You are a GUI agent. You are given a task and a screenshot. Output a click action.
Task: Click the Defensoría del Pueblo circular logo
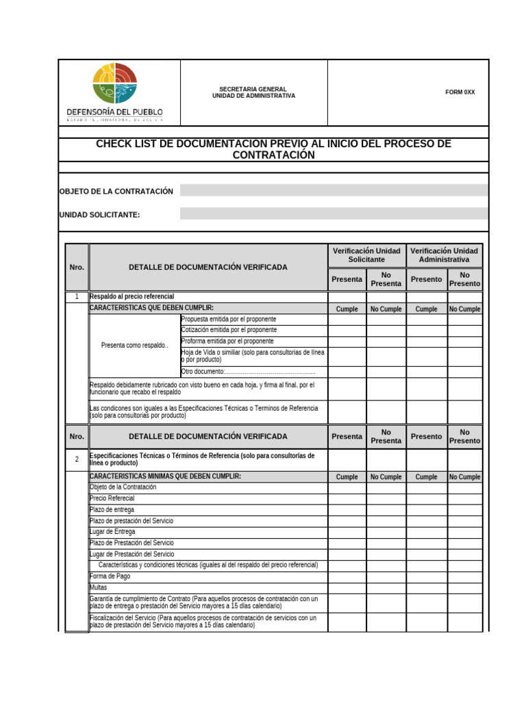[115, 83]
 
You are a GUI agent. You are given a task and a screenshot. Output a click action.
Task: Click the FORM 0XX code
[460, 92]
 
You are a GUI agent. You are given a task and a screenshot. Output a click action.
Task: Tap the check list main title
[273, 149]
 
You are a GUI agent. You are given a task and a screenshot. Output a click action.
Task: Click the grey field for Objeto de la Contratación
[334, 191]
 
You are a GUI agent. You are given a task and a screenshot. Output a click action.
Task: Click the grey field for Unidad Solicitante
[334, 214]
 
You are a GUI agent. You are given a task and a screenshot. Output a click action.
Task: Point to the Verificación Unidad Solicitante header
[366, 255]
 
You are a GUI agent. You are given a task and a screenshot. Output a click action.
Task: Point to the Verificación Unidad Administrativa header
[444, 255]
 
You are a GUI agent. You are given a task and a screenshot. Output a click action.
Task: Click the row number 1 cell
[77, 297]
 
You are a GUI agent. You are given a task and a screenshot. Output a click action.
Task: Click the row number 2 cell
[77, 460]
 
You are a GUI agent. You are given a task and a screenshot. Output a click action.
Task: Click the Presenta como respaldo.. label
[134, 346]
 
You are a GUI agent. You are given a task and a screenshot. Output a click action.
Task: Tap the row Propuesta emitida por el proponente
[229, 320]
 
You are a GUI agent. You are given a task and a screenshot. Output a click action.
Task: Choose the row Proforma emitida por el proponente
[227, 341]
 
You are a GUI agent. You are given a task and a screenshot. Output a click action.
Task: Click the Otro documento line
[248, 372]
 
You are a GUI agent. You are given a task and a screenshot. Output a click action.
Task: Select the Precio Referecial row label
[112, 498]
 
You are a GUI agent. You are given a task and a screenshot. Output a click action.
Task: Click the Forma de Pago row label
[110, 576]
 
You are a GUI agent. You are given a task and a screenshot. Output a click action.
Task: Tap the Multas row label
[99, 587]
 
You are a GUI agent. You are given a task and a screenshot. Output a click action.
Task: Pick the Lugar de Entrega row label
[112, 532]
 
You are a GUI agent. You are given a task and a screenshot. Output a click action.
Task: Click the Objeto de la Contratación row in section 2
[123, 487]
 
